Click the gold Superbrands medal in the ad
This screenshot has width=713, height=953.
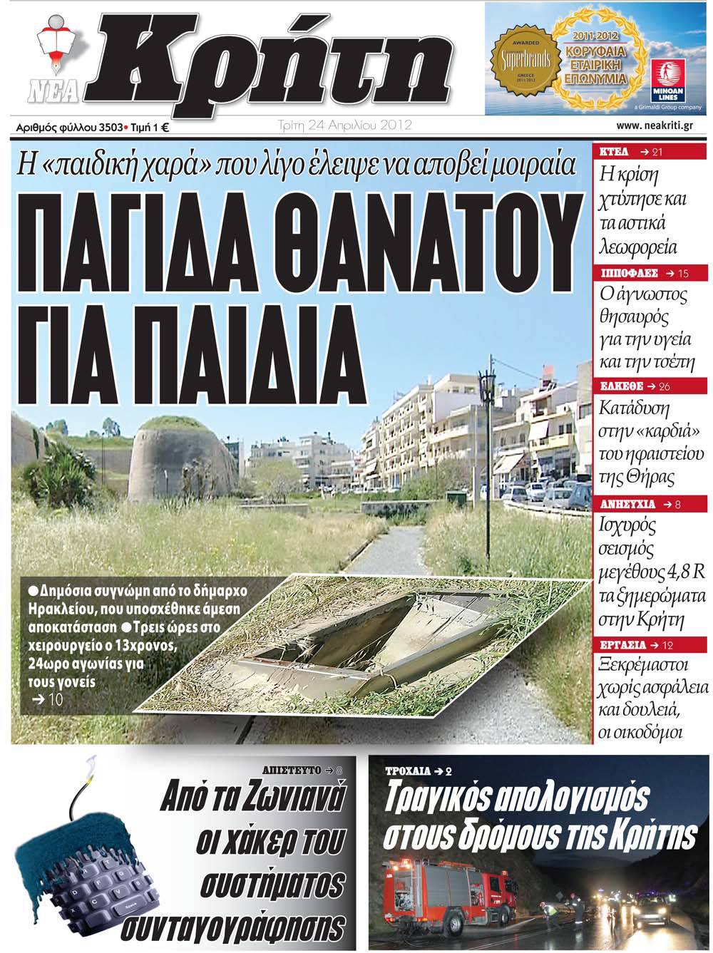[525, 59]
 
